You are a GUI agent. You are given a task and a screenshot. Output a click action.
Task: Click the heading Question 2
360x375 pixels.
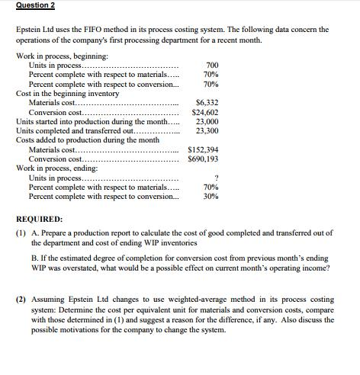click(28, 6)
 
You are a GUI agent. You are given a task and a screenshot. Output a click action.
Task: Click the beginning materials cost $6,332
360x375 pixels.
click(207, 101)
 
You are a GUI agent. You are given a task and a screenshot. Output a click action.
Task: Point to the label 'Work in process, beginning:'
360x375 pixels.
click(62, 56)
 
